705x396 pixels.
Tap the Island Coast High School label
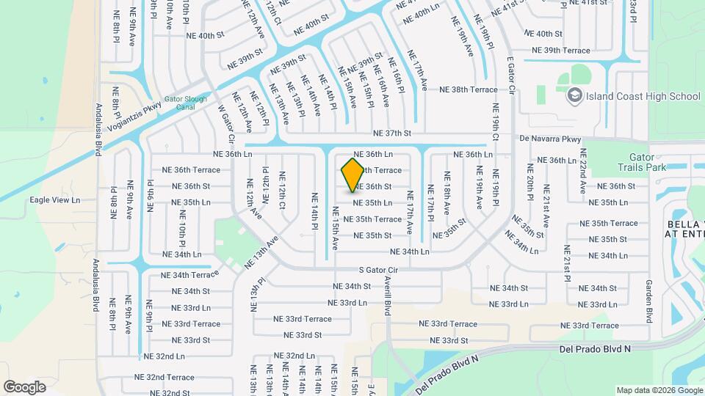pyautogui.click(x=644, y=96)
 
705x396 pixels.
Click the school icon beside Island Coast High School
pyautogui.click(x=574, y=95)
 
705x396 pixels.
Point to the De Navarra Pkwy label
pyautogui.click(x=550, y=139)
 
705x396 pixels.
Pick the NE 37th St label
pyautogui.click(x=392, y=133)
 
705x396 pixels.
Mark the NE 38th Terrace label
pyautogui.click(x=469, y=89)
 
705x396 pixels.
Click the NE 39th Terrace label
pyautogui.click(x=561, y=51)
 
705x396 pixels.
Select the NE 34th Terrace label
pyautogui.click(x=190, y=275)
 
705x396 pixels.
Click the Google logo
pyautogui.click(x=25, y=386)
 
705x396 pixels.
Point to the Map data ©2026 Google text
pyautogui.click(x=659, y=390)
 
